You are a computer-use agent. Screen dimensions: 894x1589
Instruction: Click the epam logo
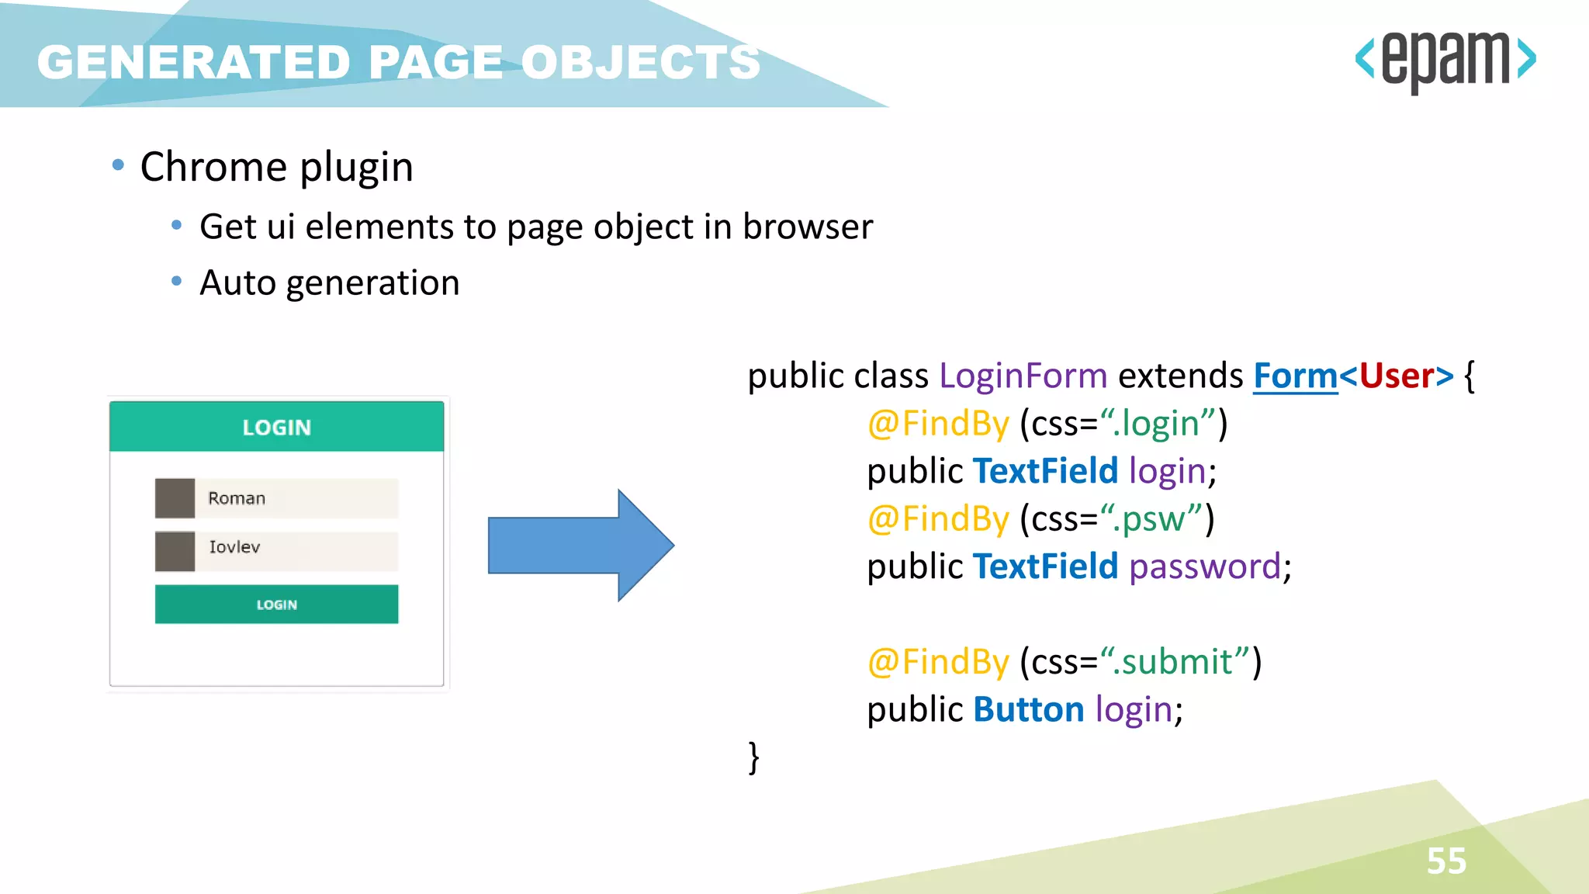[1445, 61]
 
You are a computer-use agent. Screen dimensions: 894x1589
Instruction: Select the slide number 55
[1446, 861]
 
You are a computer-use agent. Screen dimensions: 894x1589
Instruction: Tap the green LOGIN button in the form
[276, 605]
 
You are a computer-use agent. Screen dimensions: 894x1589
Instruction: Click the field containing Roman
[295, 498]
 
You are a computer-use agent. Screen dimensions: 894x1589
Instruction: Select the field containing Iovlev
[295, 548]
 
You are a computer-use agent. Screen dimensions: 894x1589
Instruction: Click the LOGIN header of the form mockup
[276, 427]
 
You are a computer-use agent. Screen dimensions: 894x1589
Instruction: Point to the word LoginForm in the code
[1023, 376]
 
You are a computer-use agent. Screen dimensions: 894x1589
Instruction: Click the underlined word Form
[1295, 376]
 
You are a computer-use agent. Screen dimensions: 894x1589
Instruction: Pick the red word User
[1396, 376]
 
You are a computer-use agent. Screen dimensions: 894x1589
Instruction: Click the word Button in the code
[1028, 709]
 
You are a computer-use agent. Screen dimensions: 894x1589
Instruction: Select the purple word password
[1204, 567]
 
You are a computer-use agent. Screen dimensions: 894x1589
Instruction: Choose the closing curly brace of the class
[753, 757]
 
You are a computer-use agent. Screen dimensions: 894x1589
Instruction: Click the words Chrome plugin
[276, 167]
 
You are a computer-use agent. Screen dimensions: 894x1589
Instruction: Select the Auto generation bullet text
[329, 282]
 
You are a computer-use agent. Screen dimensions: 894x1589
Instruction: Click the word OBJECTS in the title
[640, 62]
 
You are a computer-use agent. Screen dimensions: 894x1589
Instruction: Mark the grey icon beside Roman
[175, 498]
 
